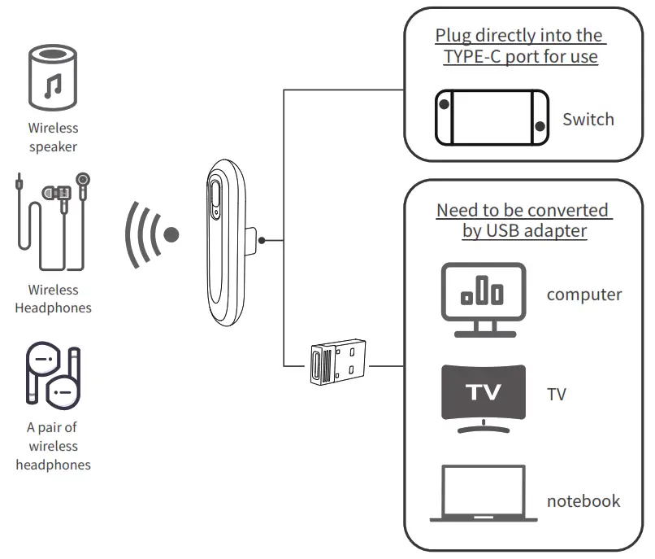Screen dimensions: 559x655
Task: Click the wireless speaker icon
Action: click(x=54, y=78)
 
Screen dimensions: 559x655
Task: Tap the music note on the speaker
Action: click(x=54, y=85)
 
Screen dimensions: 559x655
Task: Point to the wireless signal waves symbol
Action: click(x=151, y=234)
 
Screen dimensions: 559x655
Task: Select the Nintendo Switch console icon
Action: click(x=491, y=118)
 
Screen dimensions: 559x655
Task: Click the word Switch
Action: click(x=588, y=120)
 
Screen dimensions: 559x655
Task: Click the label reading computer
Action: click(x=583, y=295)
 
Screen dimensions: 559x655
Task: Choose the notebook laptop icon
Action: click(x=483, y=494)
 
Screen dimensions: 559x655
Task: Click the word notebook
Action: click(x=583, y=500)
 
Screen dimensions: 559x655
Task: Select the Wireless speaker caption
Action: click(x=54, y=138)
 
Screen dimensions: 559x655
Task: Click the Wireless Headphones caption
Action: click(x=54, y=299)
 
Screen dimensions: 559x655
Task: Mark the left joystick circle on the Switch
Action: click(x=444, y=105)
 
